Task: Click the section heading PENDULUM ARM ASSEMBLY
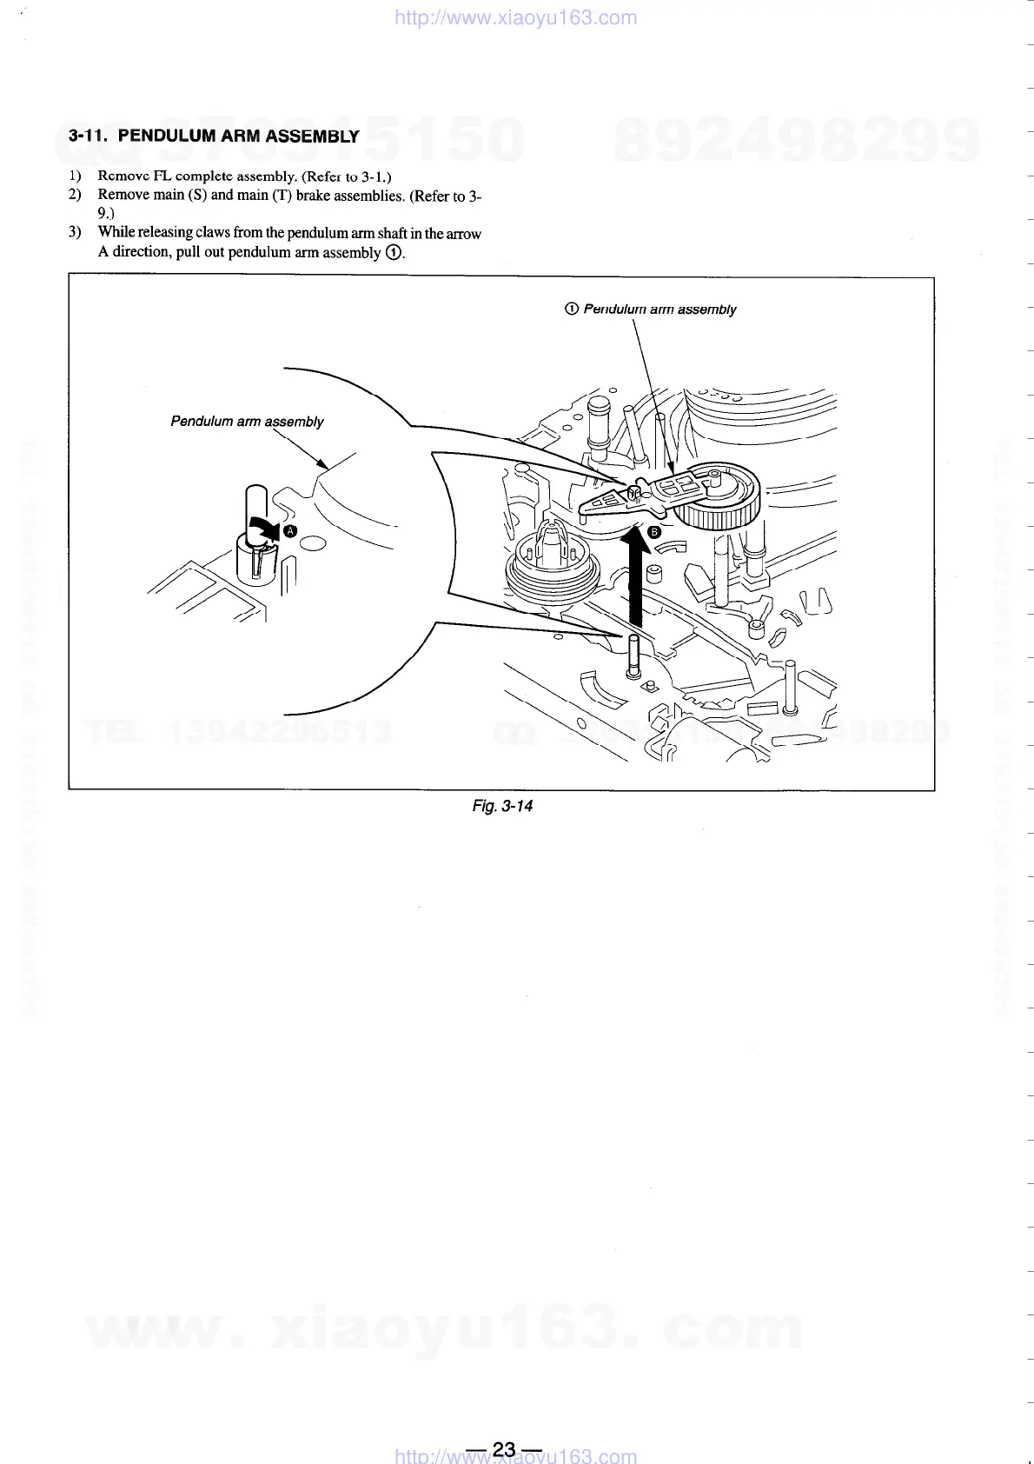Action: click(x=238, y=136)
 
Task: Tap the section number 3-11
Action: click(x=88, y=136)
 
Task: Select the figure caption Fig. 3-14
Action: click(x=502, y=806)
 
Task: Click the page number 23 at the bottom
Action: click(x=504, y=1448)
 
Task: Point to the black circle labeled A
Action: click(x=290, y=530)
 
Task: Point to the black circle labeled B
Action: click(x=654, y=532)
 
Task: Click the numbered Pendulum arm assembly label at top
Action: click(x=651, y=309)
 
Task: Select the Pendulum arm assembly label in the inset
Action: click(x=247, y=422)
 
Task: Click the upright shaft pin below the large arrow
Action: click(x=633, y=657)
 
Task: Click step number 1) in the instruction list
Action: click(x=75, y=176)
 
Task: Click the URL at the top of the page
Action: click(x=515, y=17)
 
